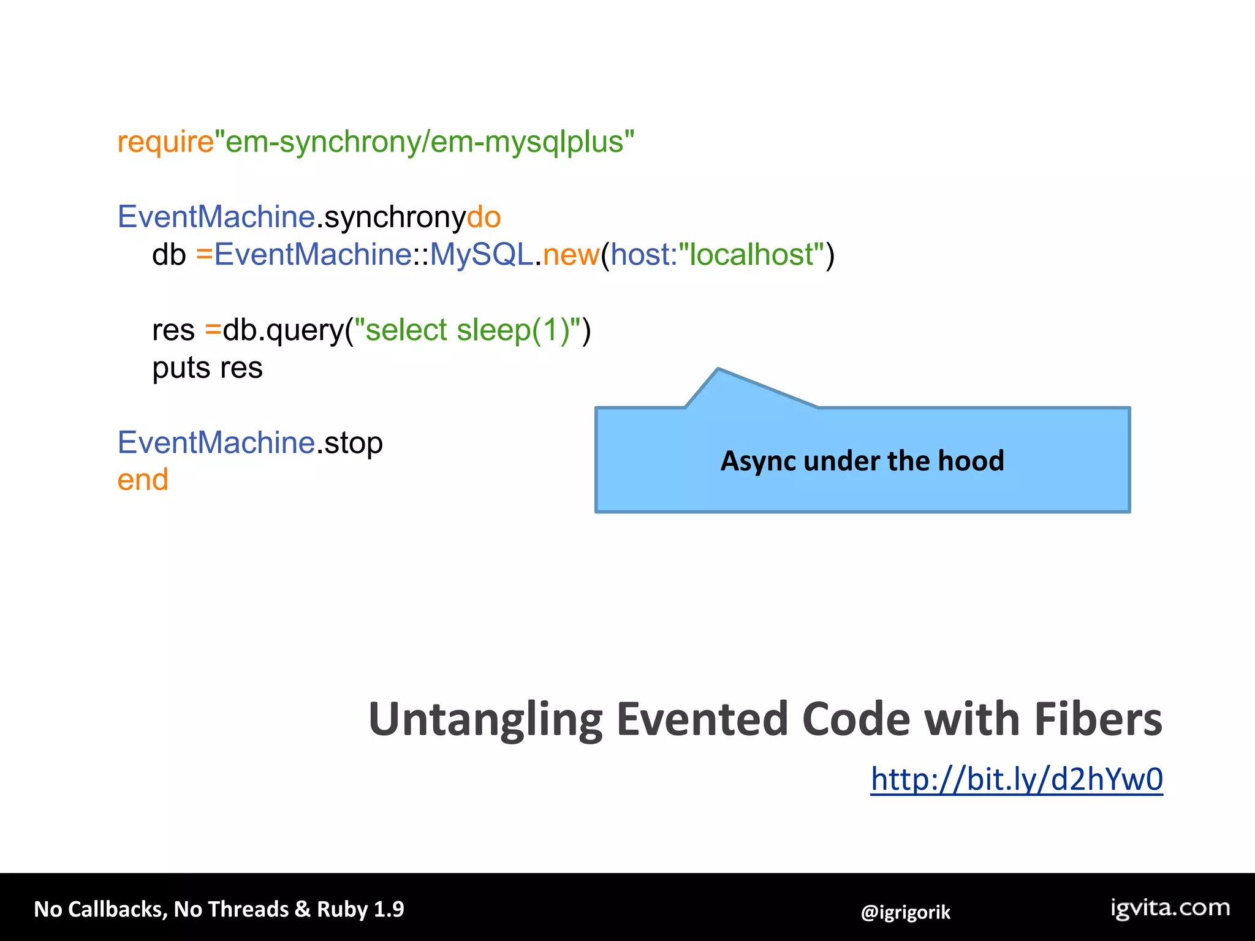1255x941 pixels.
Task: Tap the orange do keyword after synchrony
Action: pos(483,217)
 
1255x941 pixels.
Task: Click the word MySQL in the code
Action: pos(481,255)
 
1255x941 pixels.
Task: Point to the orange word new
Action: pos(571,255)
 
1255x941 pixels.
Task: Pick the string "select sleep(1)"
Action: pos(468,330)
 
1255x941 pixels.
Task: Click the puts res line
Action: pos(207,368)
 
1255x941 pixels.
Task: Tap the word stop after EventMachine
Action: pos(354,443)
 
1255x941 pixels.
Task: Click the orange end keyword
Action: pos(143,480)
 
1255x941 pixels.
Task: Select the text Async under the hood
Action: pos(862,461)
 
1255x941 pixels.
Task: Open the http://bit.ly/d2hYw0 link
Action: pos(1017,780)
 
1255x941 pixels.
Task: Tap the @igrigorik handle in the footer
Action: pos(905,912)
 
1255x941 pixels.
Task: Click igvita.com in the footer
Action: pos(1170,908)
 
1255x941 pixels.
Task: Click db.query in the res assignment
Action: pos(283,330)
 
